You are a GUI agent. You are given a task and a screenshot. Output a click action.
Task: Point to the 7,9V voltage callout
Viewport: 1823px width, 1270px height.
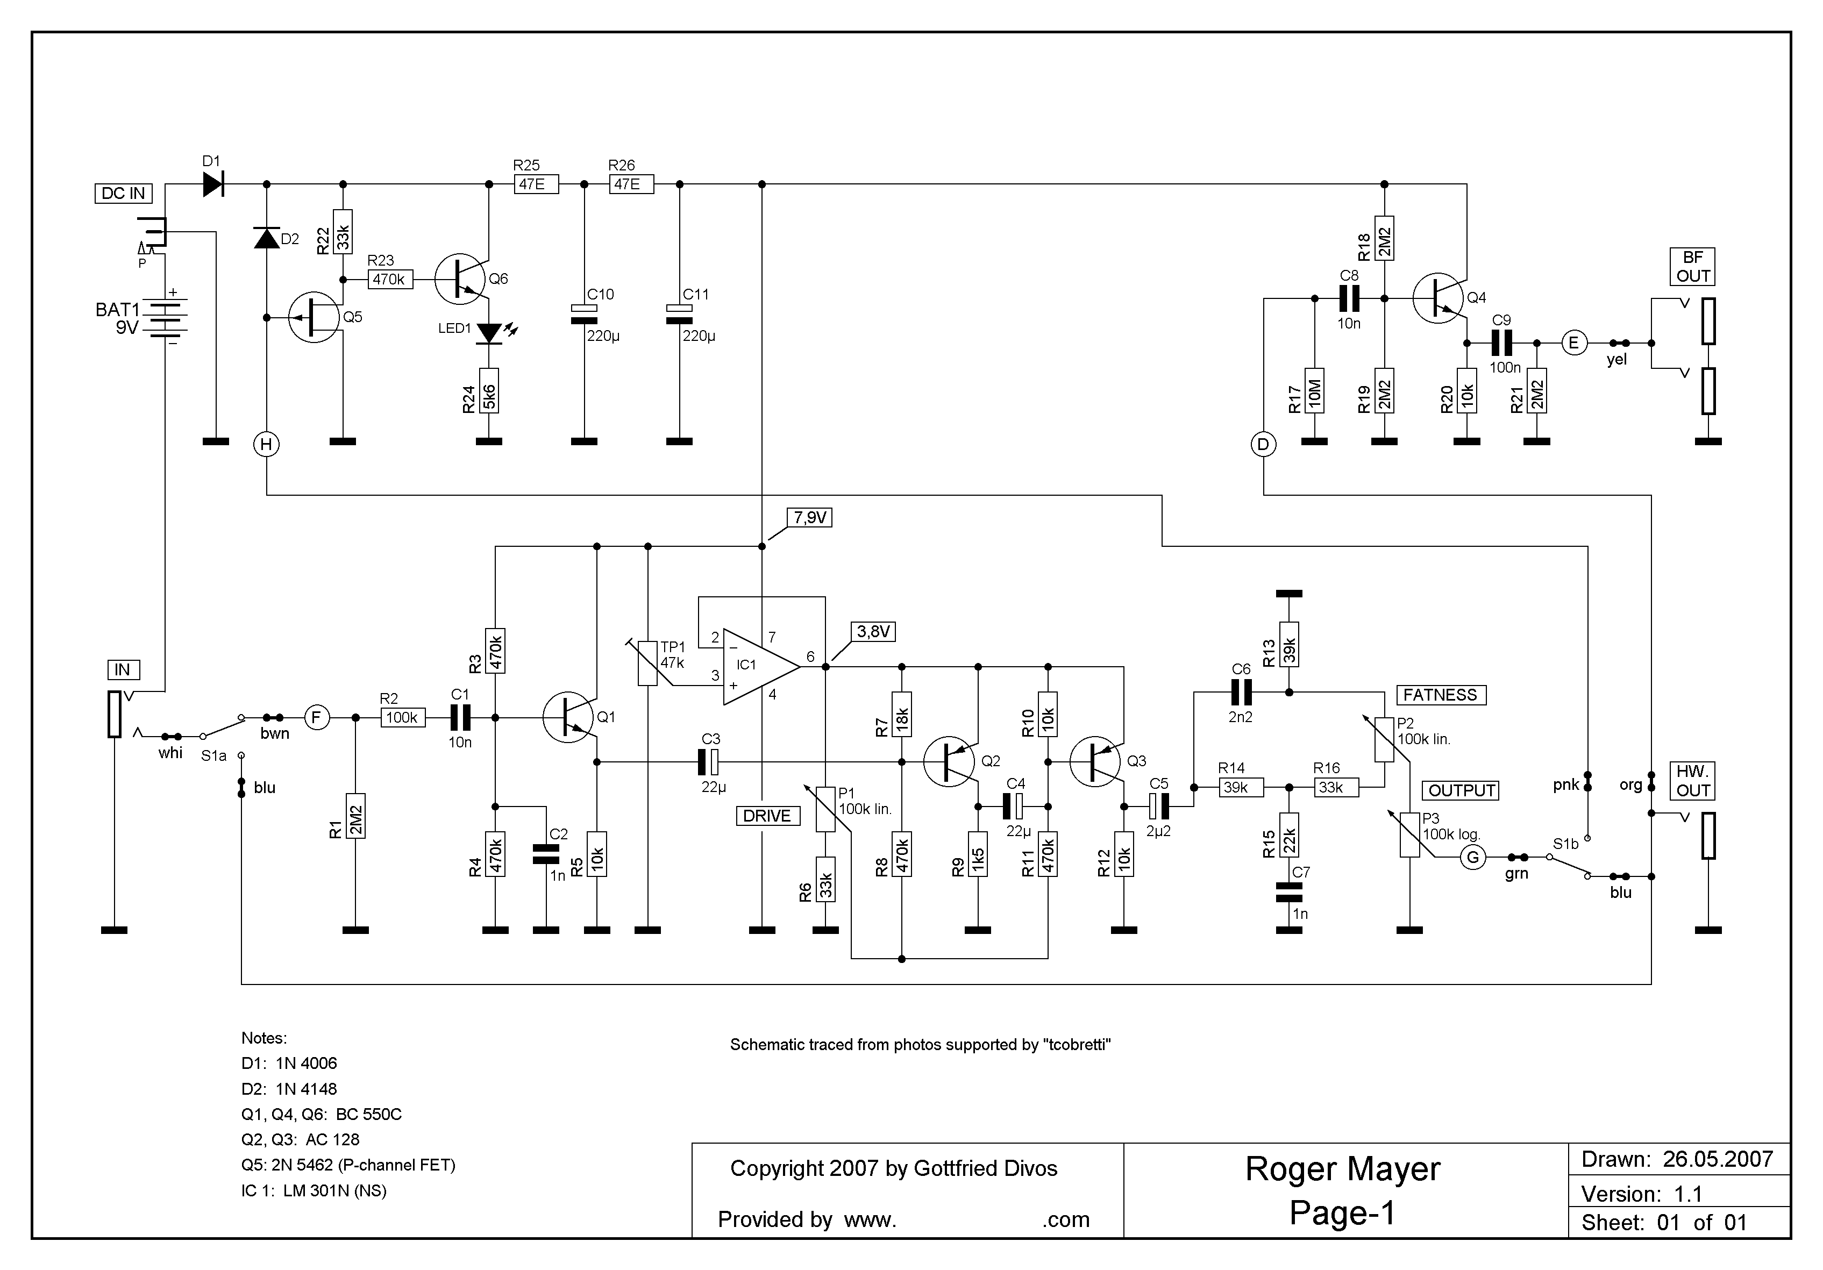click(809, 518)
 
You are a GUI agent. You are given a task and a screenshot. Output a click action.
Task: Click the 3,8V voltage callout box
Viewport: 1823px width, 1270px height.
click(873, 632)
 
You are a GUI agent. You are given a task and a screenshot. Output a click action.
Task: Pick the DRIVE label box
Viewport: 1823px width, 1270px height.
click(766, 816)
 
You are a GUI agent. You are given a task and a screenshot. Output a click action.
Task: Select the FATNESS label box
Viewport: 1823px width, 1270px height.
click(1440, 695)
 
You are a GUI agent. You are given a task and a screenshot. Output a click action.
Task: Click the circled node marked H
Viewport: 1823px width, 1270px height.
click(267, 445)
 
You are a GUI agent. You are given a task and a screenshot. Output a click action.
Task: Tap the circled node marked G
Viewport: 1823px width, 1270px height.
click(1473, 857)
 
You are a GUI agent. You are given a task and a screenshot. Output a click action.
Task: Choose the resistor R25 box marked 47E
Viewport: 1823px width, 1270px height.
click(536, 184)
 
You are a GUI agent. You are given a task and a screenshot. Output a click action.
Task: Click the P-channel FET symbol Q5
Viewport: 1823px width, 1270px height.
click(315, 317)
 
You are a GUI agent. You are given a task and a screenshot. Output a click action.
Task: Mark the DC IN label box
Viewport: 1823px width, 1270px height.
click(123, 194)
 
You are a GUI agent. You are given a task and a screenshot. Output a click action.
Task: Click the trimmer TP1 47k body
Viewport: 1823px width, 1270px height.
click(648, 663)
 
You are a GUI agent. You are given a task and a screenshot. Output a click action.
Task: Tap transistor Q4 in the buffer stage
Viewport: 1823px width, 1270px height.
click(1439, 298)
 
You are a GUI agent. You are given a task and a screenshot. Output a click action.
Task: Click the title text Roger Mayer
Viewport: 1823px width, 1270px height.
click(1342, 1169)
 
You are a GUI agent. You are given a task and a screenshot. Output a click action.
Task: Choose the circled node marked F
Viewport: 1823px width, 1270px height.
click(317, 718)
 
